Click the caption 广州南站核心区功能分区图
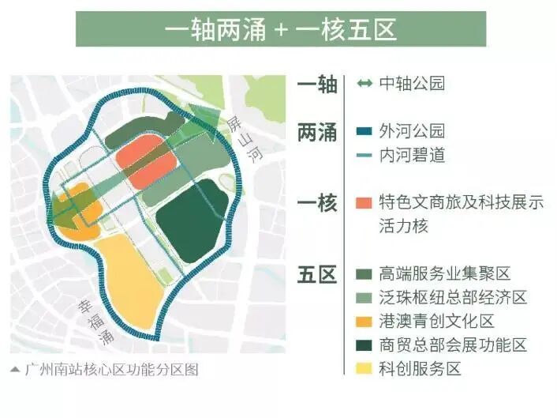(x=110, y=367)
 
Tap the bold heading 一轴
(x=316, y=85)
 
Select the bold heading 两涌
(x=316, y=133)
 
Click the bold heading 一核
(x=316, y=203)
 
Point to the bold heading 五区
(x=316, y=274)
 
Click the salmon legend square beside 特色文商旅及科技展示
(x=364, y=203)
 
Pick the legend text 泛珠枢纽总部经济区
(x=453, y=298)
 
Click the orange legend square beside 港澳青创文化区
(x=364, y=322)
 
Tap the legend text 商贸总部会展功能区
(x=453, y=345)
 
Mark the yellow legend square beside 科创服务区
(x=364, y=369)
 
